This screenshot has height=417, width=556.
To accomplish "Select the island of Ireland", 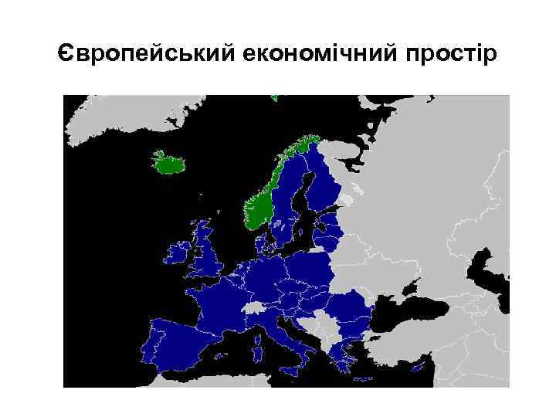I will point(177,254).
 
